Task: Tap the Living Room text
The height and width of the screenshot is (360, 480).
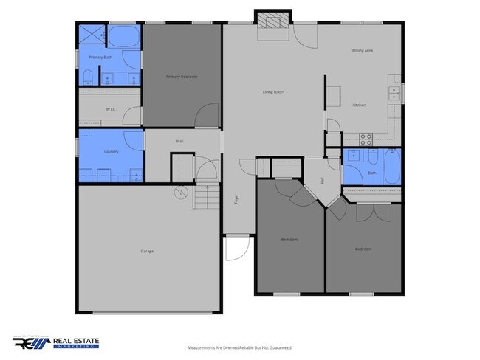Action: coord(273,92)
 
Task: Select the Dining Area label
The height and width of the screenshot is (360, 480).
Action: coord(362,51)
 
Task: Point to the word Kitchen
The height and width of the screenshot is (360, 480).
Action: coord(360,106)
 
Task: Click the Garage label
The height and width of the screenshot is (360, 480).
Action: coord(147,252)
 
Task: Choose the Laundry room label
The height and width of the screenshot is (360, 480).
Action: coord(112,152)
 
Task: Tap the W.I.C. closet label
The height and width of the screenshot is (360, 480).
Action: coord(111,109)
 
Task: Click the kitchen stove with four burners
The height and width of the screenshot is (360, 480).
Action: coord(366,137)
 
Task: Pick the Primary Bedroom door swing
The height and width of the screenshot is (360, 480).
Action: coord(208,117)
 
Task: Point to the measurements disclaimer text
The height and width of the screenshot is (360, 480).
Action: coord(239,347)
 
